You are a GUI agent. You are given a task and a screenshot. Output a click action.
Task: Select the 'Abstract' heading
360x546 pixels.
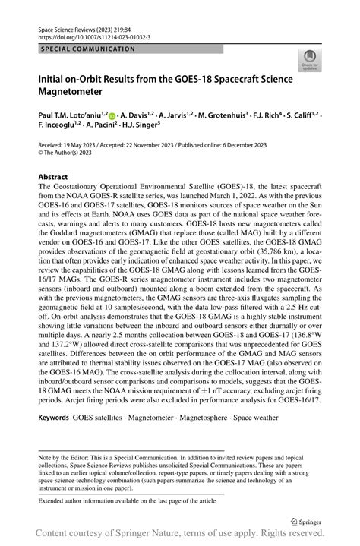pos(52,175)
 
